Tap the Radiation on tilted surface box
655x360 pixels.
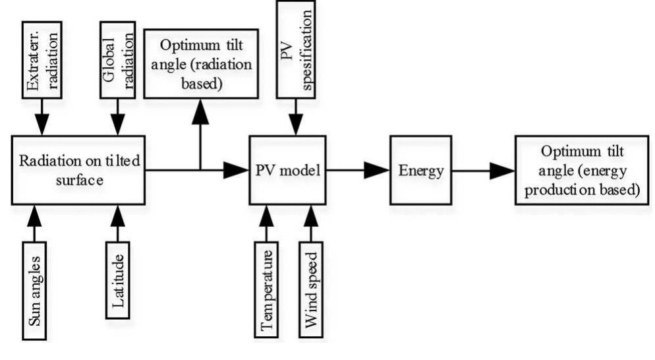click(78, 170)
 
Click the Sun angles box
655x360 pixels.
click(36, 291)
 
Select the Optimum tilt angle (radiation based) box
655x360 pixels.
click(200, 64)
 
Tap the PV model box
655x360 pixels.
click(288, 170)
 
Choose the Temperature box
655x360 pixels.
click(267, 289)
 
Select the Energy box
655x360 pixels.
click(420, 170)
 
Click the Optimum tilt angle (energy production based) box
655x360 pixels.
click(580, 170)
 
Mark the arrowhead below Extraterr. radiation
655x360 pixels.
click(42, 123)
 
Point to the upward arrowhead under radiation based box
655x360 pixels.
click(200, 113)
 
